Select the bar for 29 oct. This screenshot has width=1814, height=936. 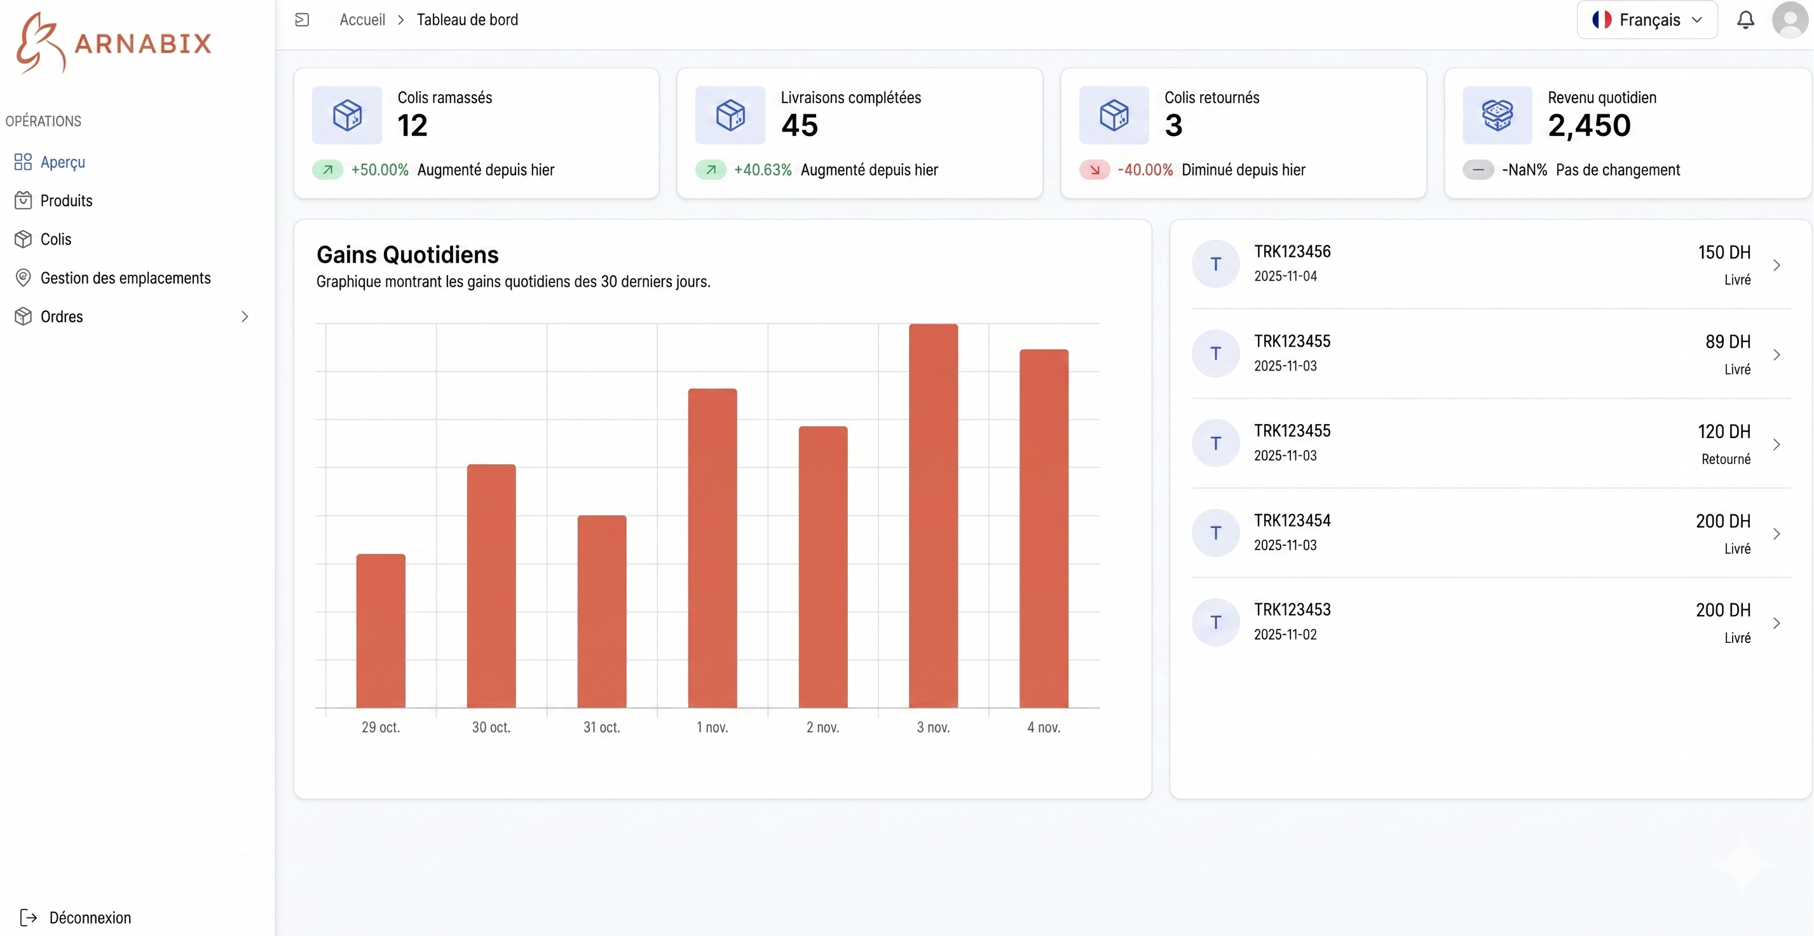tap(380, 630)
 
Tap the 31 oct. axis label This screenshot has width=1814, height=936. tap(601, 727)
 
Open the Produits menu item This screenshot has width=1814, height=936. tap(66, 201)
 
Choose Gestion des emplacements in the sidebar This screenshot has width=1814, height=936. tap(125, 279)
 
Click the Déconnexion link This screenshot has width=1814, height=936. tap(90, 918)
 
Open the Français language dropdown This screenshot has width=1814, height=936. tap(1646, 20)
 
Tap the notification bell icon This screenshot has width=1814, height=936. tap(1745, 20)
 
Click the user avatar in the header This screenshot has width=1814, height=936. tap(1790, 20)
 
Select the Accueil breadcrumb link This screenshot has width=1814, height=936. tap(362, 20)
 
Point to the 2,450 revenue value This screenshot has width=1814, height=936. tap(1588, 125)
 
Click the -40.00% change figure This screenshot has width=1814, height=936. tap(1145, 170)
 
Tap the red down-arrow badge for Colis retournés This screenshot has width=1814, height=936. tap(1095, 170)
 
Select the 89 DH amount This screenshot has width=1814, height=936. tap(1728, 342)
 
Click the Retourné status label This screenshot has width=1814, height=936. tap(1725, 459)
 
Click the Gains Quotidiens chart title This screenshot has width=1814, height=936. tap(407, 254)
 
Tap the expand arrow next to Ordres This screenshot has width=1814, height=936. tap(244, 317)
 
